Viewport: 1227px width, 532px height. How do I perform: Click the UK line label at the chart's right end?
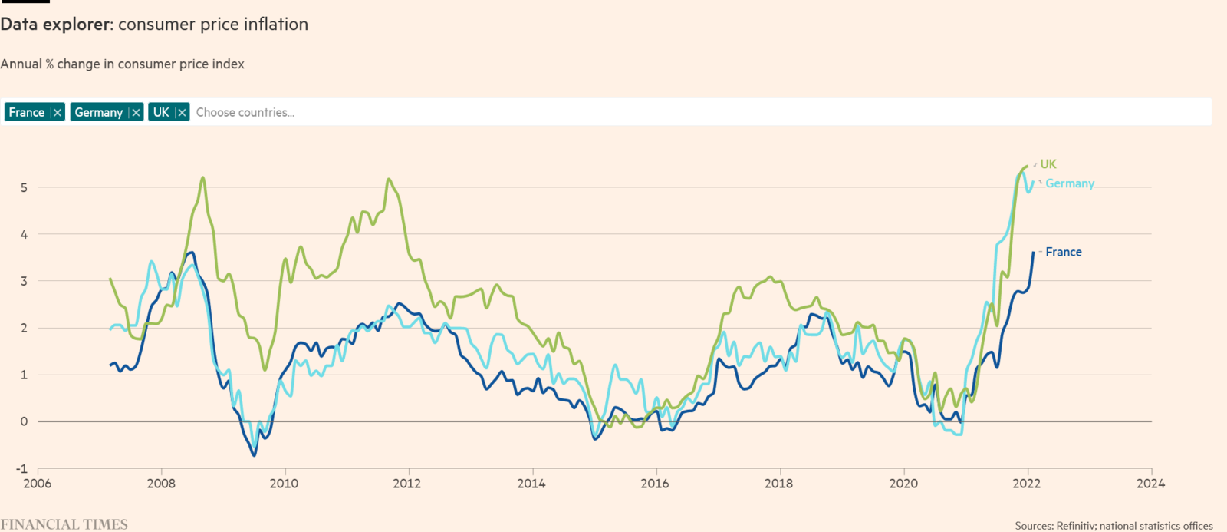[1048, 164]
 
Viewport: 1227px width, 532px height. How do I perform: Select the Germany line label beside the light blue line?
[1069, 183]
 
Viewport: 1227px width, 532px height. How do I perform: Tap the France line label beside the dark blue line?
[1063, 252]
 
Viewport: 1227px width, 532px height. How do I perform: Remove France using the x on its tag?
[57, 113]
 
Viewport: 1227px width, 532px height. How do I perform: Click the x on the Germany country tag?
[136, 113]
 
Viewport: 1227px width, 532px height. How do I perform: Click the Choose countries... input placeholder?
[245, 113]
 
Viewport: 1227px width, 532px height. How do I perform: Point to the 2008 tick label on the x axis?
[161, 484]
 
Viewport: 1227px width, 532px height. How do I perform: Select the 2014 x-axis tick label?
[531, 484]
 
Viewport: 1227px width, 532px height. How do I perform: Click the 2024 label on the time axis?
[1150, 484]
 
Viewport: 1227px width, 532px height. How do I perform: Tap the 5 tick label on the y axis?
[25, 187]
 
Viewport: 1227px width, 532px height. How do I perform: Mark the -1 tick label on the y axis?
[21, 468]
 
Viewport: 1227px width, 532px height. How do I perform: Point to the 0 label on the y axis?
[25, 421]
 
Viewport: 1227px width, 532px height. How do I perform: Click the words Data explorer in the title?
[55, 25]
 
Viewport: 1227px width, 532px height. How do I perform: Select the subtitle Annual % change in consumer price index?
[122, 64]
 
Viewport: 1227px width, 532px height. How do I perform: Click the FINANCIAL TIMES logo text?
[64, 524]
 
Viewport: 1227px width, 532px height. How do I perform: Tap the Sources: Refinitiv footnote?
[1114, 526]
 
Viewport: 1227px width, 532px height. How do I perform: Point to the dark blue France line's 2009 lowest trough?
[254, 455]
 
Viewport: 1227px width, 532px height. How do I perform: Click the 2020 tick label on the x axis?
[903, 484]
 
